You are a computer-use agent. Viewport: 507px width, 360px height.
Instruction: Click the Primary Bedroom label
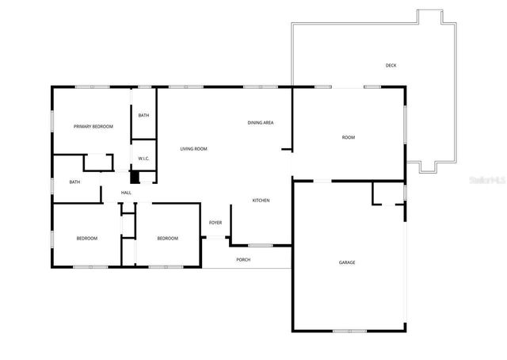(x=93, y=127)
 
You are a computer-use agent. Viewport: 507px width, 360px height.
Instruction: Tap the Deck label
(x=391, y=65)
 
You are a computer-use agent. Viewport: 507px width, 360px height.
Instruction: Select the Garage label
(x=347, y=262)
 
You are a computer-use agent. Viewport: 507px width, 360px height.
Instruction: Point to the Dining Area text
(x=261, y=123)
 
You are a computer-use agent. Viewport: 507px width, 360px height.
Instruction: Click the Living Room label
(x=193, y=149)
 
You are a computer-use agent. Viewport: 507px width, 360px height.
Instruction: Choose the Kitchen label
(x=261, y=201)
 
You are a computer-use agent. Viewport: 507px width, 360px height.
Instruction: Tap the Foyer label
(x=215, y=223)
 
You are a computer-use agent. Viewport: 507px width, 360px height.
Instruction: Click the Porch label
(x=243, y=259)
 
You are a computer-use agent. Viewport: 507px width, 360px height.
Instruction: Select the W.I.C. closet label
(x=144, y=159)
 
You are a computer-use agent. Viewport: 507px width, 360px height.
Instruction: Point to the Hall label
(x=126, y=193)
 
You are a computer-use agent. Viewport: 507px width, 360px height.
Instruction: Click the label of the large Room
(x=349, y=137)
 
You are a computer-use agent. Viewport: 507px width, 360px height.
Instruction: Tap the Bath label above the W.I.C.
(x=143, y=116)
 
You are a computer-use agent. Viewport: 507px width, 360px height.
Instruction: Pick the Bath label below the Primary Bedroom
(x=74, y=182)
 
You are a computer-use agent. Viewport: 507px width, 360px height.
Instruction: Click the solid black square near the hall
(x=134, y=177)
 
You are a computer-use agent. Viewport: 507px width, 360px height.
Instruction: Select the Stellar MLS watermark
(x=486, y=181)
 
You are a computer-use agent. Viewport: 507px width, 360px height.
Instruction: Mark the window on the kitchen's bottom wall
(x=260, y=245)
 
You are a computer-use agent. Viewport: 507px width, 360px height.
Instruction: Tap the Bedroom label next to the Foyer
(x=167, y=239)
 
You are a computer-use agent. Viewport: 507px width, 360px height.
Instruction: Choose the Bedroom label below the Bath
(x=87, y=239)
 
